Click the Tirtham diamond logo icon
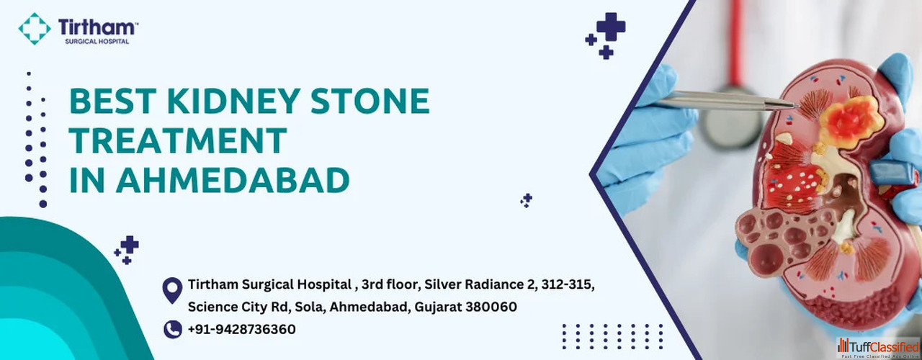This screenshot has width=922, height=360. coord(35,28)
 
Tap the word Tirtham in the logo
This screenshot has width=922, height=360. coord(96,27)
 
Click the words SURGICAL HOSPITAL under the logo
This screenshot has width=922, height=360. coord(97,42)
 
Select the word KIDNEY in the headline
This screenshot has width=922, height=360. coord(234,101)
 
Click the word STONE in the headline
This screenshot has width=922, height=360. coord(370,101)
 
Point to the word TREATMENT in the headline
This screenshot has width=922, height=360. coord(178,140)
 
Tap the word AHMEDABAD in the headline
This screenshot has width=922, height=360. coord(233,180)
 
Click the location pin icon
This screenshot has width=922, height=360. coord(172,290)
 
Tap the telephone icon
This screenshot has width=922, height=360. coord(173,330)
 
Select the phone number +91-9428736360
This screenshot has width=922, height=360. coord(241,330)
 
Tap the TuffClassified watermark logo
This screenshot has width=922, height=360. coord(878,348)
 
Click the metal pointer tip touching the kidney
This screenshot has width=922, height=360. coord(795,106)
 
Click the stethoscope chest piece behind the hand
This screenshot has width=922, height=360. coord(731,122)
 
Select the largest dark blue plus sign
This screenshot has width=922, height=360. coord(612,27)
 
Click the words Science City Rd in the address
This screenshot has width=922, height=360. coord(238,307)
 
